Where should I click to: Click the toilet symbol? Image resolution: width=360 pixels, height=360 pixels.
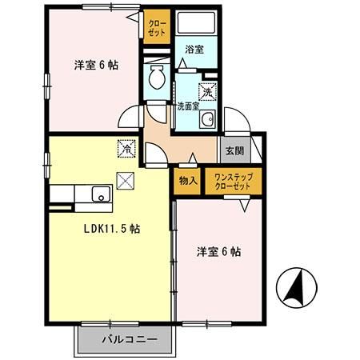click(157, 78)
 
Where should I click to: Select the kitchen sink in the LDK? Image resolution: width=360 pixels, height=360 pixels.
click(100, 194)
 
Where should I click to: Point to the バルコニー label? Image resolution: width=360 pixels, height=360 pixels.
click(124, 339)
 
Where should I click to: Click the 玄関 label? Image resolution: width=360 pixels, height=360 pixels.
click(235, 150)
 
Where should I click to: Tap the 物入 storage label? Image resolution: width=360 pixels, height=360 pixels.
click(189, 181)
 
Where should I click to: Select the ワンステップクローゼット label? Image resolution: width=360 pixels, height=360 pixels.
click(229, 181)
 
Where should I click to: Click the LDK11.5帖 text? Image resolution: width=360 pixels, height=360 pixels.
click(114, 228)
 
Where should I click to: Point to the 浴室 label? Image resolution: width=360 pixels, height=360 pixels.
click(194, 50)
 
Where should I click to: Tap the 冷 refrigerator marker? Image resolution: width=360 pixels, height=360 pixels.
click(126, 148)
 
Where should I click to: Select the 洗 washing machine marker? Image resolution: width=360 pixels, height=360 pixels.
click(207, 92)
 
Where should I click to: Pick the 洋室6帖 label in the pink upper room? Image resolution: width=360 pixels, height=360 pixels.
click(96, 66)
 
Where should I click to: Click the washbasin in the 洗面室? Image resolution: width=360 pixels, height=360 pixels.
click(207, 121)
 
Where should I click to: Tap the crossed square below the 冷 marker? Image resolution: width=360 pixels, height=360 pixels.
click(126, 179)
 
